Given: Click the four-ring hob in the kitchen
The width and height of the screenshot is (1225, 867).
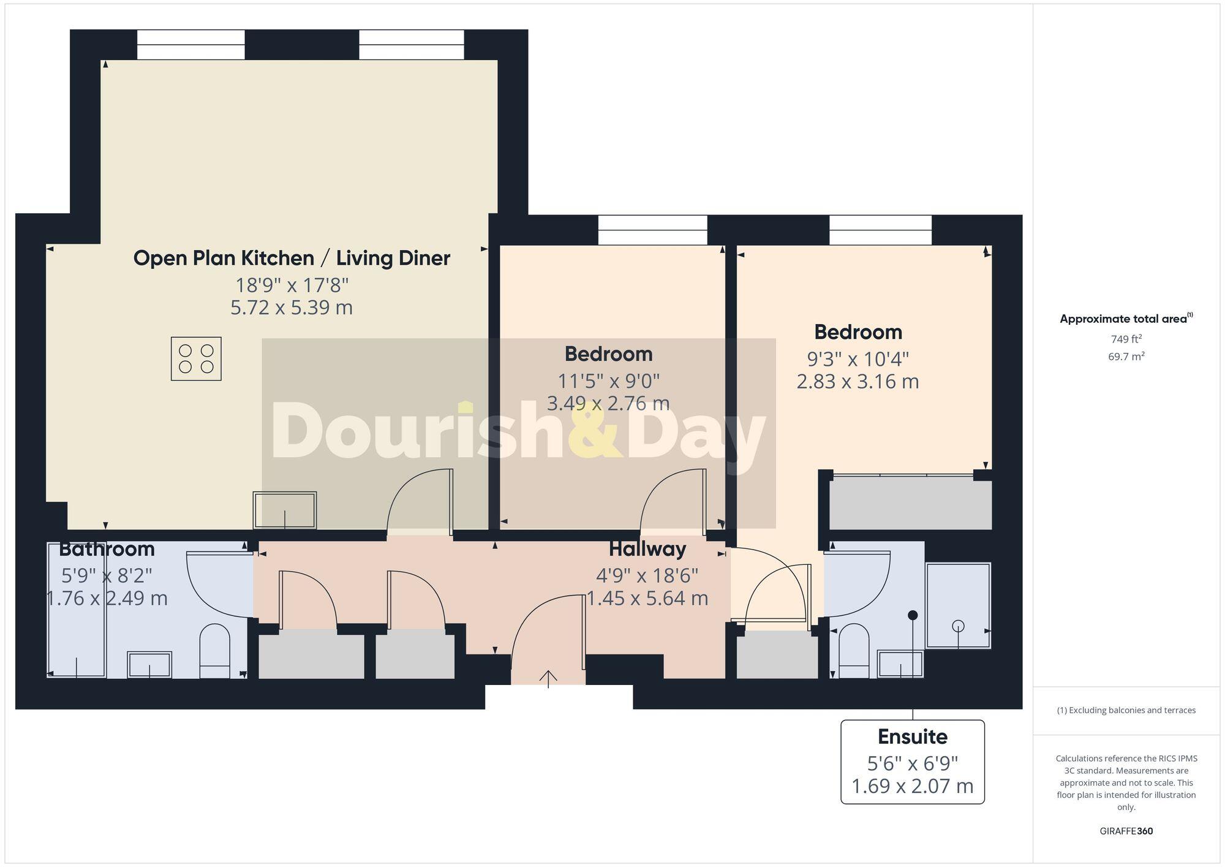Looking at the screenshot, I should click(x=196, y=359).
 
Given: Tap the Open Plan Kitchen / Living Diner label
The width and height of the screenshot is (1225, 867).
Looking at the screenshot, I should click(x=292, y=258).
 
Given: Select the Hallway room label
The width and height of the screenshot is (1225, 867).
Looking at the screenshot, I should click(x=647, y=549).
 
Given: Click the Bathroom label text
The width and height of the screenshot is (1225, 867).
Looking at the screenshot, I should click(x=107, y=549).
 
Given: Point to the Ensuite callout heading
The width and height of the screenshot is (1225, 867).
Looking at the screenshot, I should click(x=912, y=736).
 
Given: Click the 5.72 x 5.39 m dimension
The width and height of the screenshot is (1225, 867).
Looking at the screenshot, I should click(x=292, y=308).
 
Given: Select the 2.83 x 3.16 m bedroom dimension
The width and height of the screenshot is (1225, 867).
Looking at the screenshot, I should click(x=858, y=382).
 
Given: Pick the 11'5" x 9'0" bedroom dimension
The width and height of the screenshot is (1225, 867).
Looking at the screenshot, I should click(x=608, y=381).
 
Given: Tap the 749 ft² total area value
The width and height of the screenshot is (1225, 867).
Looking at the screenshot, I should click(x=1126, y=339).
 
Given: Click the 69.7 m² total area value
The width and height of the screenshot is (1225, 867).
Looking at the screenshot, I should click(x=1126, y=357).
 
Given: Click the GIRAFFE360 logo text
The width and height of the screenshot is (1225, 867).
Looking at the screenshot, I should click(x=1126, y=831).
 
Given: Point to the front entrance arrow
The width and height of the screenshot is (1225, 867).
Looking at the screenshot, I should click(x=548, y=678).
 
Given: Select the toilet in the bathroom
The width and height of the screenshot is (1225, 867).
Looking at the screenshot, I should click(x=214, y=651).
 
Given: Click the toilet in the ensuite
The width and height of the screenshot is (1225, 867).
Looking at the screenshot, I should click(x=854, y=651).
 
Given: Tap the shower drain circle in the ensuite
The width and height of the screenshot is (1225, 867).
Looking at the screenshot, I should click(x=959, y=626).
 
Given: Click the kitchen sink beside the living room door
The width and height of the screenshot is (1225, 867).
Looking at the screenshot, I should click(x=285, y=510).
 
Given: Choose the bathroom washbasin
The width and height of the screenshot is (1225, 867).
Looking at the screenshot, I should click(x=149, y=665).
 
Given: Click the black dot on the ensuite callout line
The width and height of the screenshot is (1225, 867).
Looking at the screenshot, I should click(x=913, y=615).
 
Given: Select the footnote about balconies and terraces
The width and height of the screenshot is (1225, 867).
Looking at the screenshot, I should click(x=1126, y=711).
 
